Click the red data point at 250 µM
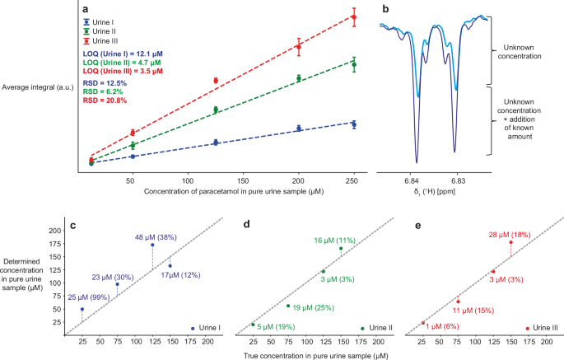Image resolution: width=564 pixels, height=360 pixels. coord(354,17)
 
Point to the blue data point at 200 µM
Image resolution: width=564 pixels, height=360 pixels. coord(299,129)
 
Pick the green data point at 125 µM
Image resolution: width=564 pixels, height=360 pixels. coord(216,110)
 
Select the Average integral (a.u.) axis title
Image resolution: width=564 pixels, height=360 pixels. coord(40,86)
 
